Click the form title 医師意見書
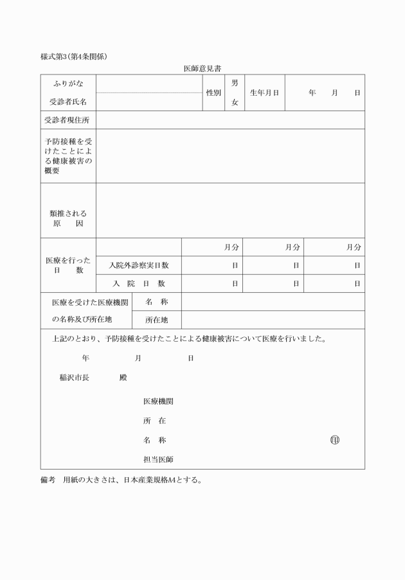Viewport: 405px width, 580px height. pos(203,68)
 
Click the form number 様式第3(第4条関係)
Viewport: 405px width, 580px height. pos(73,57)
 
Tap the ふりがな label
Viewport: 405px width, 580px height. pos(68,83)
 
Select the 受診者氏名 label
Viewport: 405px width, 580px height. pos(68,101)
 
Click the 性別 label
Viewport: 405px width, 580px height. pos(213,92)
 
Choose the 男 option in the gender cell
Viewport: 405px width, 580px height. pos(235,83)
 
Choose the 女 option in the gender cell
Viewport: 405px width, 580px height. pos(235,101)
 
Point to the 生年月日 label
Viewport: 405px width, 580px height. pos(264,92)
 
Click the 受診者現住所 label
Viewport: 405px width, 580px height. pos(68,120)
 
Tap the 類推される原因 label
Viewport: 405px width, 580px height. pos(68,219)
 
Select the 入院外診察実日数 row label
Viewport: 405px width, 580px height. pos(139,265)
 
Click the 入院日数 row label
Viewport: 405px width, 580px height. pos(139,283)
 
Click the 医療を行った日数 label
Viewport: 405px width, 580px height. pos(68,265)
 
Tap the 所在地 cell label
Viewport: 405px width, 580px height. pos(156,319)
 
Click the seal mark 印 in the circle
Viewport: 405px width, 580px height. pos(334,441)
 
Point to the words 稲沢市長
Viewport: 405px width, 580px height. pos(76,378)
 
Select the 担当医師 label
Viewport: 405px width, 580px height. pos(157,459)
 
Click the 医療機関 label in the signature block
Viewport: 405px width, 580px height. pos(157,401)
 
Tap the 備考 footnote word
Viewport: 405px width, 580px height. pos(48,480)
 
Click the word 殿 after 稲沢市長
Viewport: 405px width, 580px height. pos(123,378)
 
